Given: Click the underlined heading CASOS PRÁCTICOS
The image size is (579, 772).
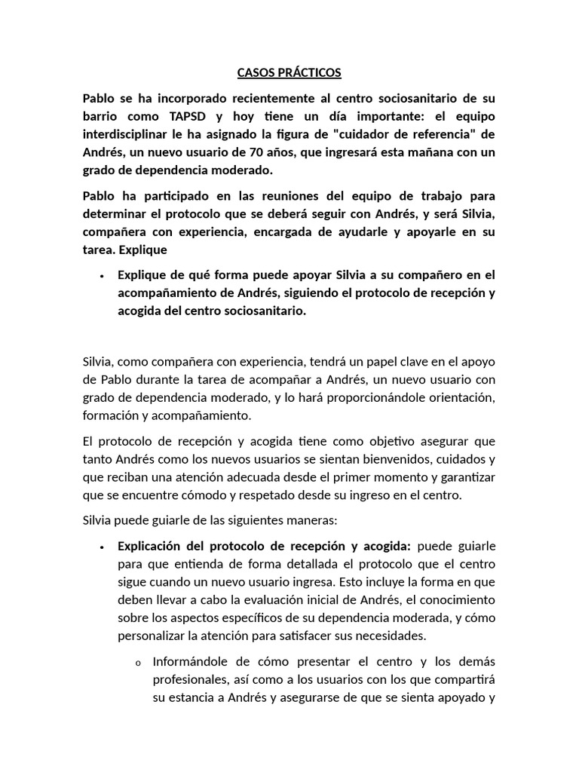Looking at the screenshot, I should (289, 73).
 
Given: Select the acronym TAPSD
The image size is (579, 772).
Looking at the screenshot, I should (182, 117).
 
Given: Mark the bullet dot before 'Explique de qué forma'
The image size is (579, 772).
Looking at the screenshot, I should (101, 275).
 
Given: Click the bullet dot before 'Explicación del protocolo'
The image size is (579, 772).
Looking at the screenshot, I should (101, 547).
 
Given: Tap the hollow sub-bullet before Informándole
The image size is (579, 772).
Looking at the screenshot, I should (138, 663).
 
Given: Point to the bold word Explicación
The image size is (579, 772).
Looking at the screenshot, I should (152, 546).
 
